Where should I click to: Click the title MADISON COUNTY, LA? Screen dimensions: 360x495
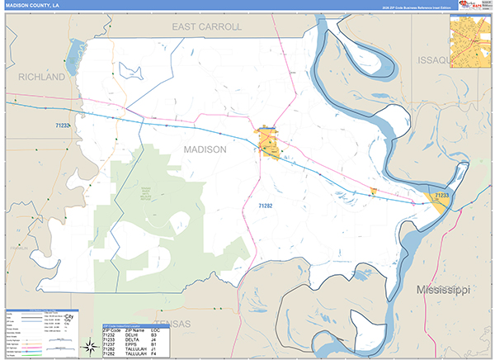pos(33,6)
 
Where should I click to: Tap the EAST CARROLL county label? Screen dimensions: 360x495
pos(206,27)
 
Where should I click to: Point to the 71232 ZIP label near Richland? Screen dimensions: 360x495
pos(64,124)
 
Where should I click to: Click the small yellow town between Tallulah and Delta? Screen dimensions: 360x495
pos(374,191)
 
